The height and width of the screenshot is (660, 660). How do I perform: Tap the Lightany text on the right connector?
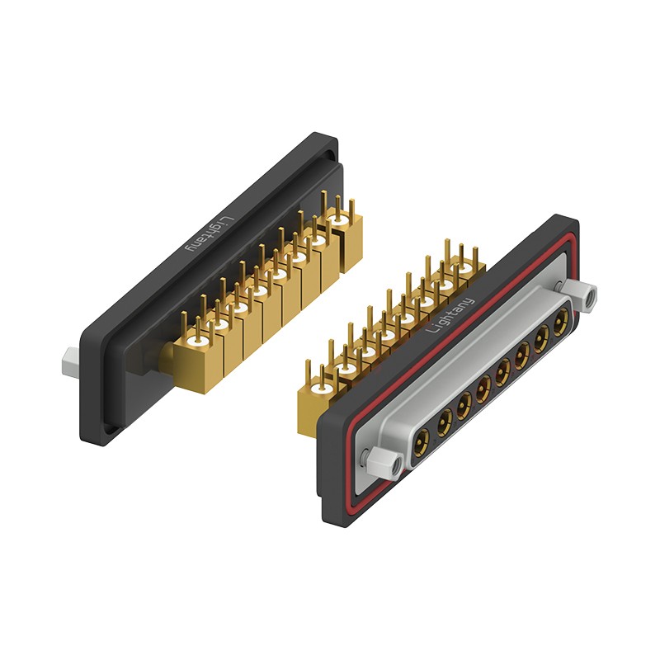pos(450,315)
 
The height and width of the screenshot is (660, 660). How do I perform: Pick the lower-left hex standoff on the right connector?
pos(384,464)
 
